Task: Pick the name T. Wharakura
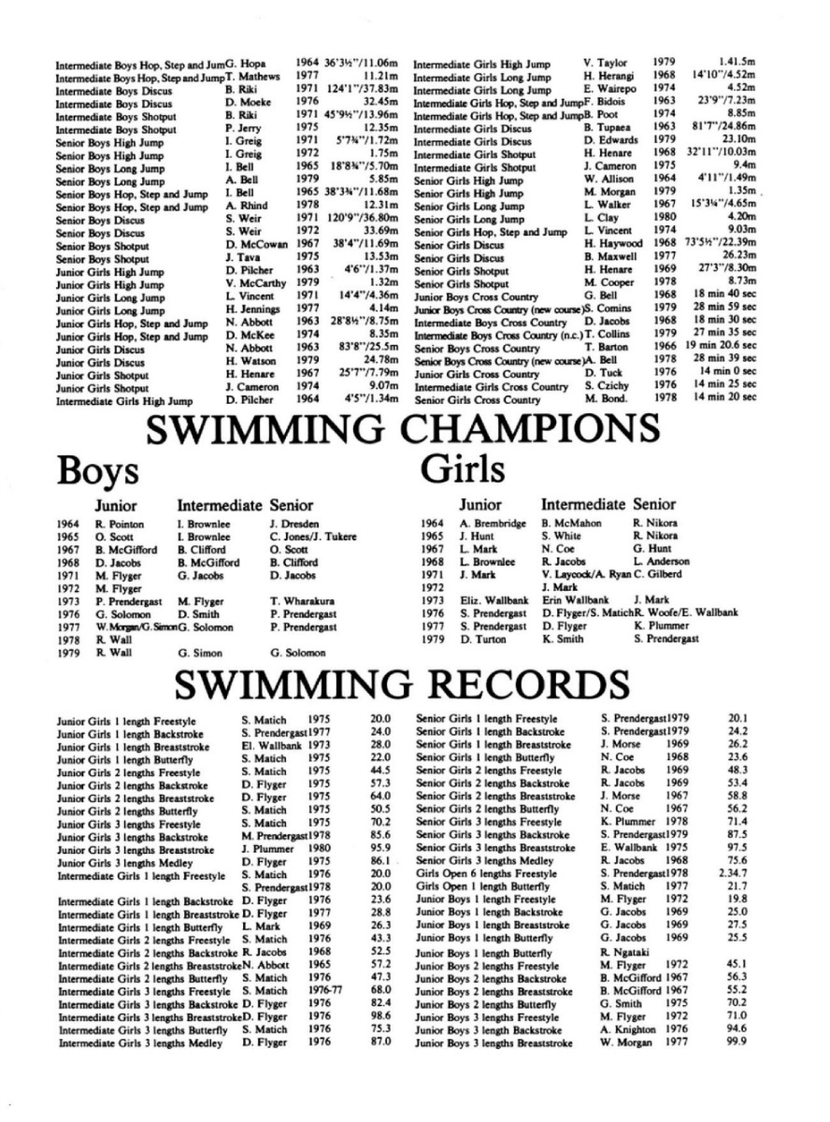303,600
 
